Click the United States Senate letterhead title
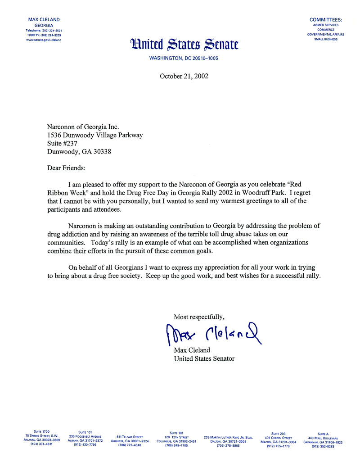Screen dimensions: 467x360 (x=184, y=45)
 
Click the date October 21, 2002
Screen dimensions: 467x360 (x=184, y=76)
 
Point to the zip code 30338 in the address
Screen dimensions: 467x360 (x=101, y=152)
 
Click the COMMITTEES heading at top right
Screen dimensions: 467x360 (x=325, y=20)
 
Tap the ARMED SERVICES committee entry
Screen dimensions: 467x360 (x=325, y=25)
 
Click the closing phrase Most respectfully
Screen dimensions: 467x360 (x=199, y=316)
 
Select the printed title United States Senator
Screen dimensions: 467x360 (x=204, y=358)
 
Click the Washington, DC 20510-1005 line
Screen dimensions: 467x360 (x=184, y=58)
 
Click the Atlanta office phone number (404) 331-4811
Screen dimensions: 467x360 (x=41, y=444)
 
